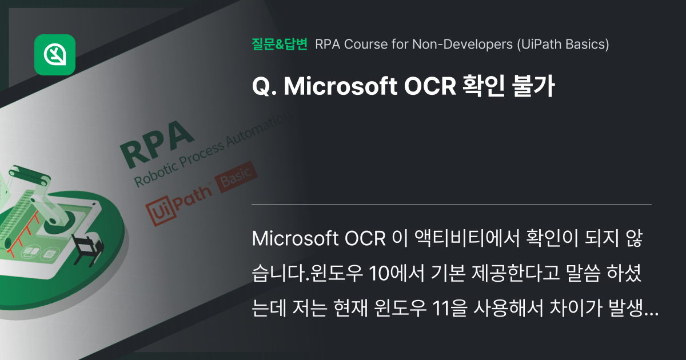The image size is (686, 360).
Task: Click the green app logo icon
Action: (x=55, y=55)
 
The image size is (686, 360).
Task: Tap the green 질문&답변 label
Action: (x=279, y=44)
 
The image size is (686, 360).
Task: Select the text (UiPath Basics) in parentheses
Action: (x=563, y=44)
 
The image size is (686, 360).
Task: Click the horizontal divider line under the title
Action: (x=452, y=204)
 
